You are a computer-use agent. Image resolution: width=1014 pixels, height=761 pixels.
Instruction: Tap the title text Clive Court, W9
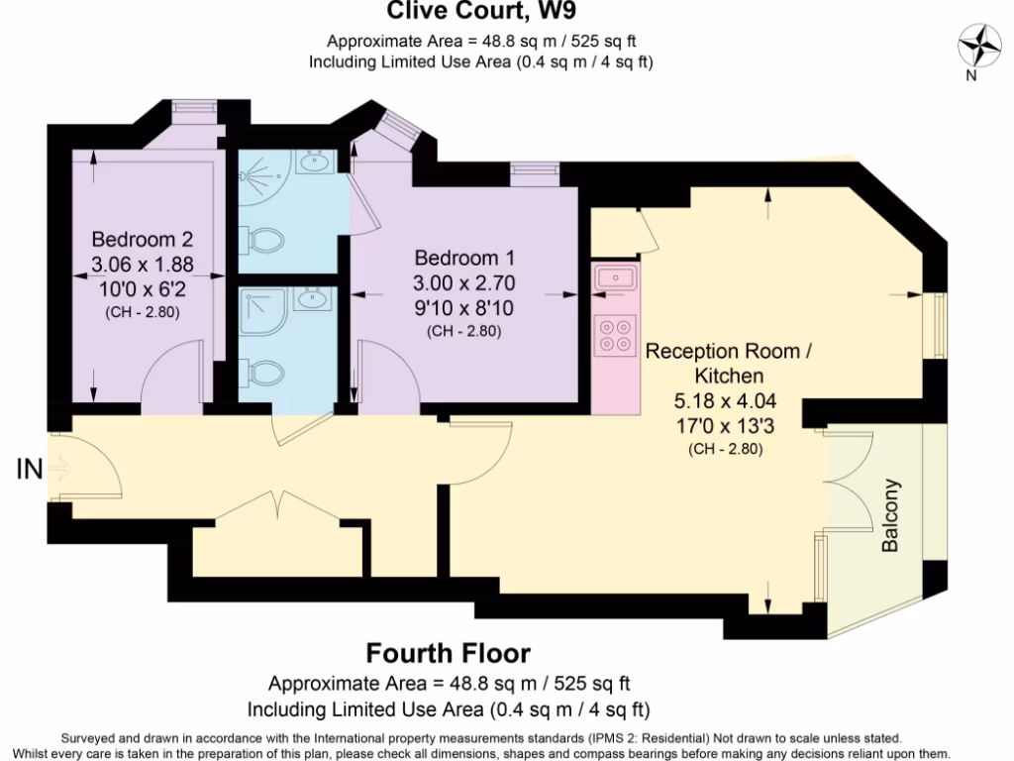[480, 12]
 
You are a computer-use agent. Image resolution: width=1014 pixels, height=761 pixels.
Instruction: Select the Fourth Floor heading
[448, 654]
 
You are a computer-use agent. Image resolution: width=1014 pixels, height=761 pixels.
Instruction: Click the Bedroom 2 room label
[142, 240]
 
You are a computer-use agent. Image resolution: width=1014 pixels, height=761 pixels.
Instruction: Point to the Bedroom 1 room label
[464, 258]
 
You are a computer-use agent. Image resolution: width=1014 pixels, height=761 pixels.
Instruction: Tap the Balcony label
[891, 516]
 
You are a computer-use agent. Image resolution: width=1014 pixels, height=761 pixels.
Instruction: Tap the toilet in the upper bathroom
[262, 240]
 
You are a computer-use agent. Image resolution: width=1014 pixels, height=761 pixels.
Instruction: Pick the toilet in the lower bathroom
[262, 372]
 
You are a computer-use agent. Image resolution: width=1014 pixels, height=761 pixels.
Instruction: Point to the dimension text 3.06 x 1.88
[142, 265]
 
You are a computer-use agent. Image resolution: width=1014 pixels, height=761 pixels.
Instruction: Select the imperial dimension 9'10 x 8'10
[464, 307]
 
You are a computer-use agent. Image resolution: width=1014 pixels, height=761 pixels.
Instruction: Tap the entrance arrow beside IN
[59, 468]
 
